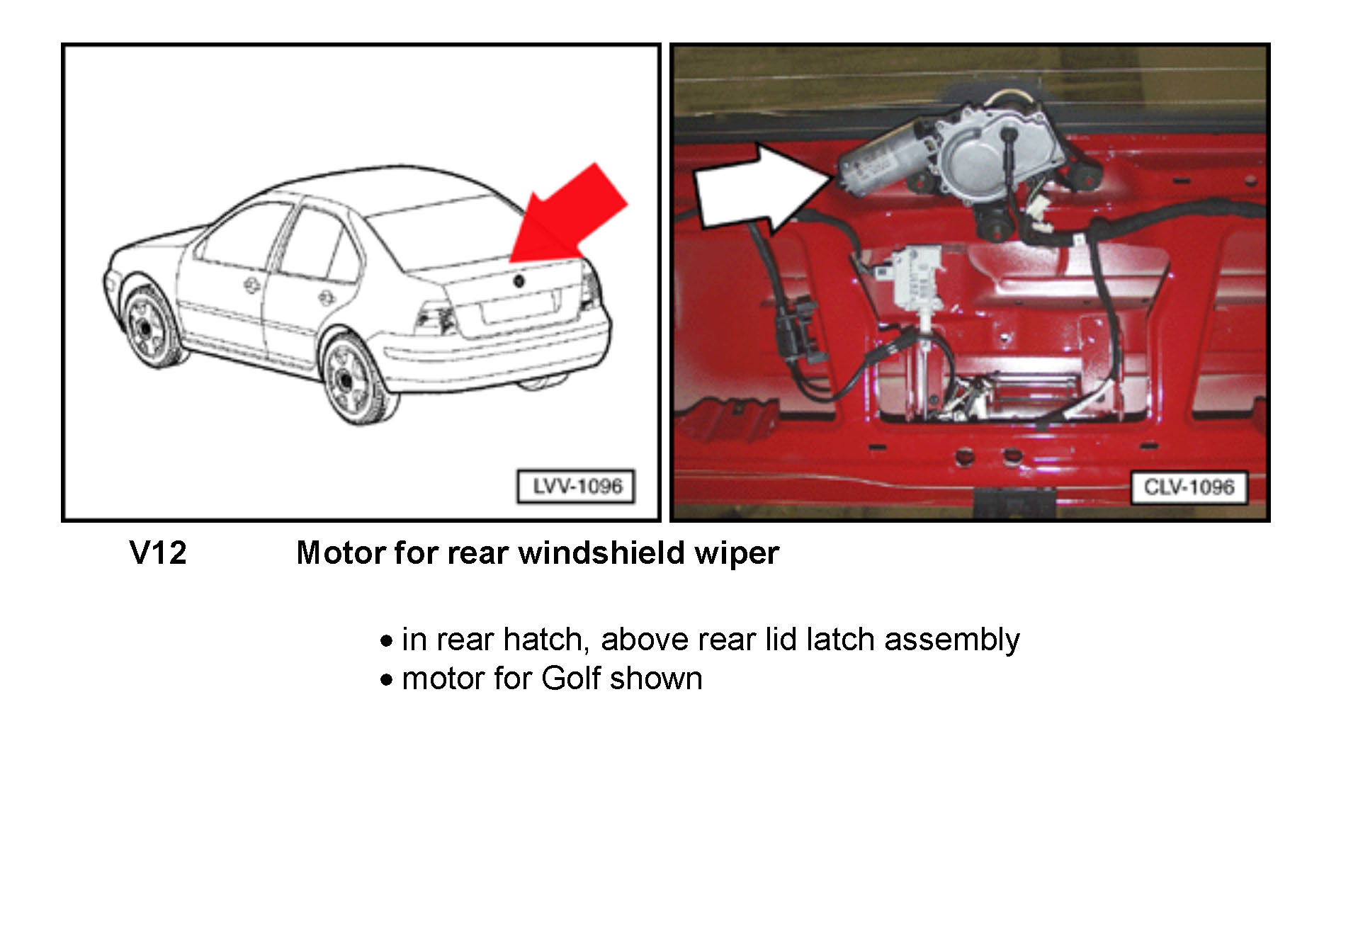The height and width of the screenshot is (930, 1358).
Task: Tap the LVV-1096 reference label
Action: pos(576,487)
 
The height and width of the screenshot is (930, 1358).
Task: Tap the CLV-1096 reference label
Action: pos(1189,487)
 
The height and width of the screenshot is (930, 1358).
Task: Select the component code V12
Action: pos(158,552)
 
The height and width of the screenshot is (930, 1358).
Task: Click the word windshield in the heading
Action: pos(601,552)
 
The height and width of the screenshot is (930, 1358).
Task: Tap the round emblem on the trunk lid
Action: pos(519,280)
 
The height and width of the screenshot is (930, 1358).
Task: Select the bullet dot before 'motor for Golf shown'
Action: pos(386,680)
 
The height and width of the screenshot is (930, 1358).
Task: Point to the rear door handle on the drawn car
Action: pos(327,297)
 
